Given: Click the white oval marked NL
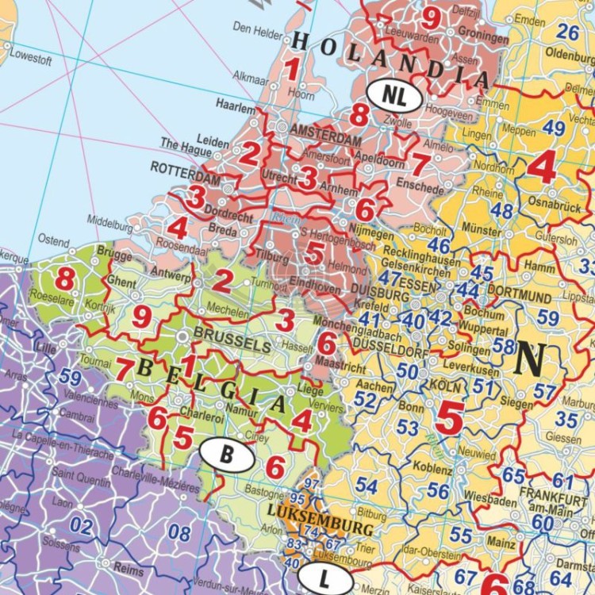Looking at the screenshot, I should coord(394,94).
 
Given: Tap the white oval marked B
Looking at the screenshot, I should coord(226,455).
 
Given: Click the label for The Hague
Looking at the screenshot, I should coord(182,144).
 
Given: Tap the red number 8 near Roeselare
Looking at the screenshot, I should coord(65,279).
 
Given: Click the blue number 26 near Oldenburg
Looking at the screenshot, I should coord(567,32).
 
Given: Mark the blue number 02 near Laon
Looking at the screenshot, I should coord(81,525).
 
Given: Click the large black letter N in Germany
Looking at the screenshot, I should coord(531,359).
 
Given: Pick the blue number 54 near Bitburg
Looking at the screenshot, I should coord(366,485).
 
